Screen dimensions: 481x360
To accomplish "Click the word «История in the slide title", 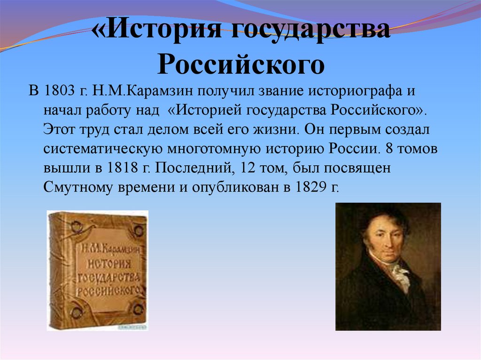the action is (156, 29).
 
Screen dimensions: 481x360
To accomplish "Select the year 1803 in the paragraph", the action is (60, 91).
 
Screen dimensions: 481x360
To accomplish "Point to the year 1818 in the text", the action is (123, 168).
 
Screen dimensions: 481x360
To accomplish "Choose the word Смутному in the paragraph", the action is (78, 188).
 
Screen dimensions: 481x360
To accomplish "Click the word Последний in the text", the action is (193, 168).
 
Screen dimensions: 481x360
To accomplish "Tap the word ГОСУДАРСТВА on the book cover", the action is (109, 278).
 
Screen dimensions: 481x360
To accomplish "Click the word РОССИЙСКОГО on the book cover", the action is (109, 290).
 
